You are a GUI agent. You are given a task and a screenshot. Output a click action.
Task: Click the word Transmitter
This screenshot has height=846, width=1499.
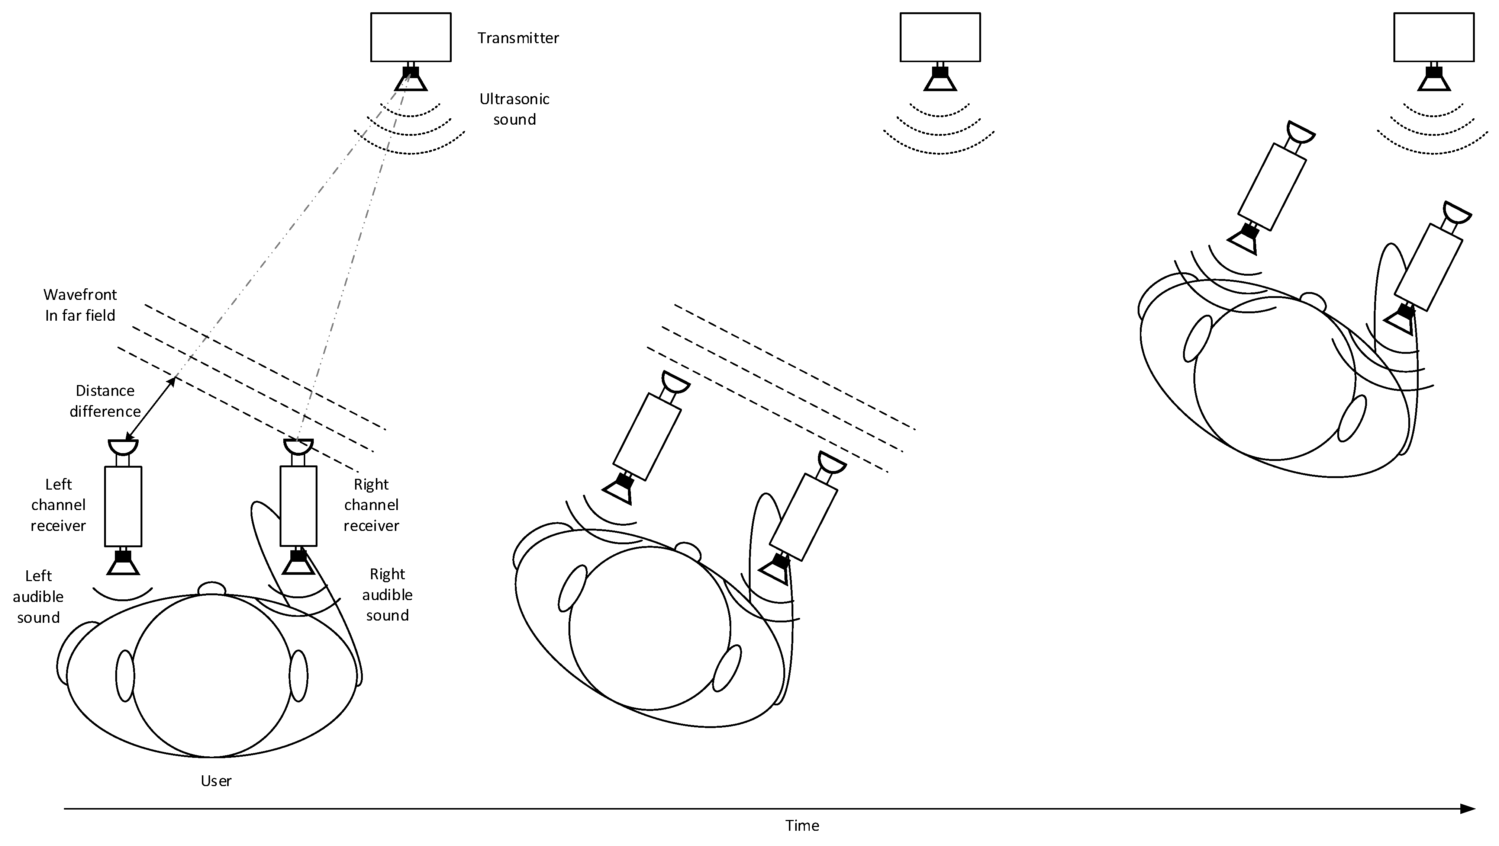pyautogui.click(x=518, y=38)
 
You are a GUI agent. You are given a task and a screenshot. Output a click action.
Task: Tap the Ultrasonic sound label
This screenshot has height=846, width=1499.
pyautogui.click(x=515, y=109)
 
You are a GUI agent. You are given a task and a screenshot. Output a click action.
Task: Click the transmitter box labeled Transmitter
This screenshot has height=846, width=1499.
pyautogui.click(x=411, y=37)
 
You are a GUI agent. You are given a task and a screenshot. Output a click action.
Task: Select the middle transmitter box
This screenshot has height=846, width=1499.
pyautogui.click(x=940, y=37)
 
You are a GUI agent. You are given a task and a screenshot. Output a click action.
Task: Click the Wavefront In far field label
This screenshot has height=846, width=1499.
pyautogui.click(x=80, y=305)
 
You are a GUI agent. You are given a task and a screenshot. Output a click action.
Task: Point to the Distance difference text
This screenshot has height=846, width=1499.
pyautogui.click(x=105, y=401)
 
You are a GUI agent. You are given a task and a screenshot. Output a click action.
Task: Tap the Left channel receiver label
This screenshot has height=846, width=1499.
pyautogui.click(x=58, y=505)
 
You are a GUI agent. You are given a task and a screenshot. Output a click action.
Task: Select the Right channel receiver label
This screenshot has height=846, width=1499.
pyautogui.click(x=371, y=505)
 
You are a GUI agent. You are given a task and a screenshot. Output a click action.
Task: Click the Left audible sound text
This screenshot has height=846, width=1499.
pyautogui.click(x=38, y=596)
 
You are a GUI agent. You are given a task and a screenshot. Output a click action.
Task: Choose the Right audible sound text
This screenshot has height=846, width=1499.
pyautogui.click(x=387, y=595)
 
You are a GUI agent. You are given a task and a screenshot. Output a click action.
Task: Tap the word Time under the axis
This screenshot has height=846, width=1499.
pyautogui.click(x=802, y=826)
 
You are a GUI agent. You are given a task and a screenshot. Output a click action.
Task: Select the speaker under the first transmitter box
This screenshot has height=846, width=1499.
pyautogui.click(x=411, y=80)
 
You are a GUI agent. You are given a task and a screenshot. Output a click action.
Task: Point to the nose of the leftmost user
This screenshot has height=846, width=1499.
pyautogui.click(x=212, y=589)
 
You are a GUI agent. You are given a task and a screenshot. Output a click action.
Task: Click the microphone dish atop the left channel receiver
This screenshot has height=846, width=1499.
pyautogui.click(x=123, y=446)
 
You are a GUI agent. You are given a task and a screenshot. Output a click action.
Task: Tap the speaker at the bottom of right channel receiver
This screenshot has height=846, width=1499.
pyautogui.click(x=299, y=563)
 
